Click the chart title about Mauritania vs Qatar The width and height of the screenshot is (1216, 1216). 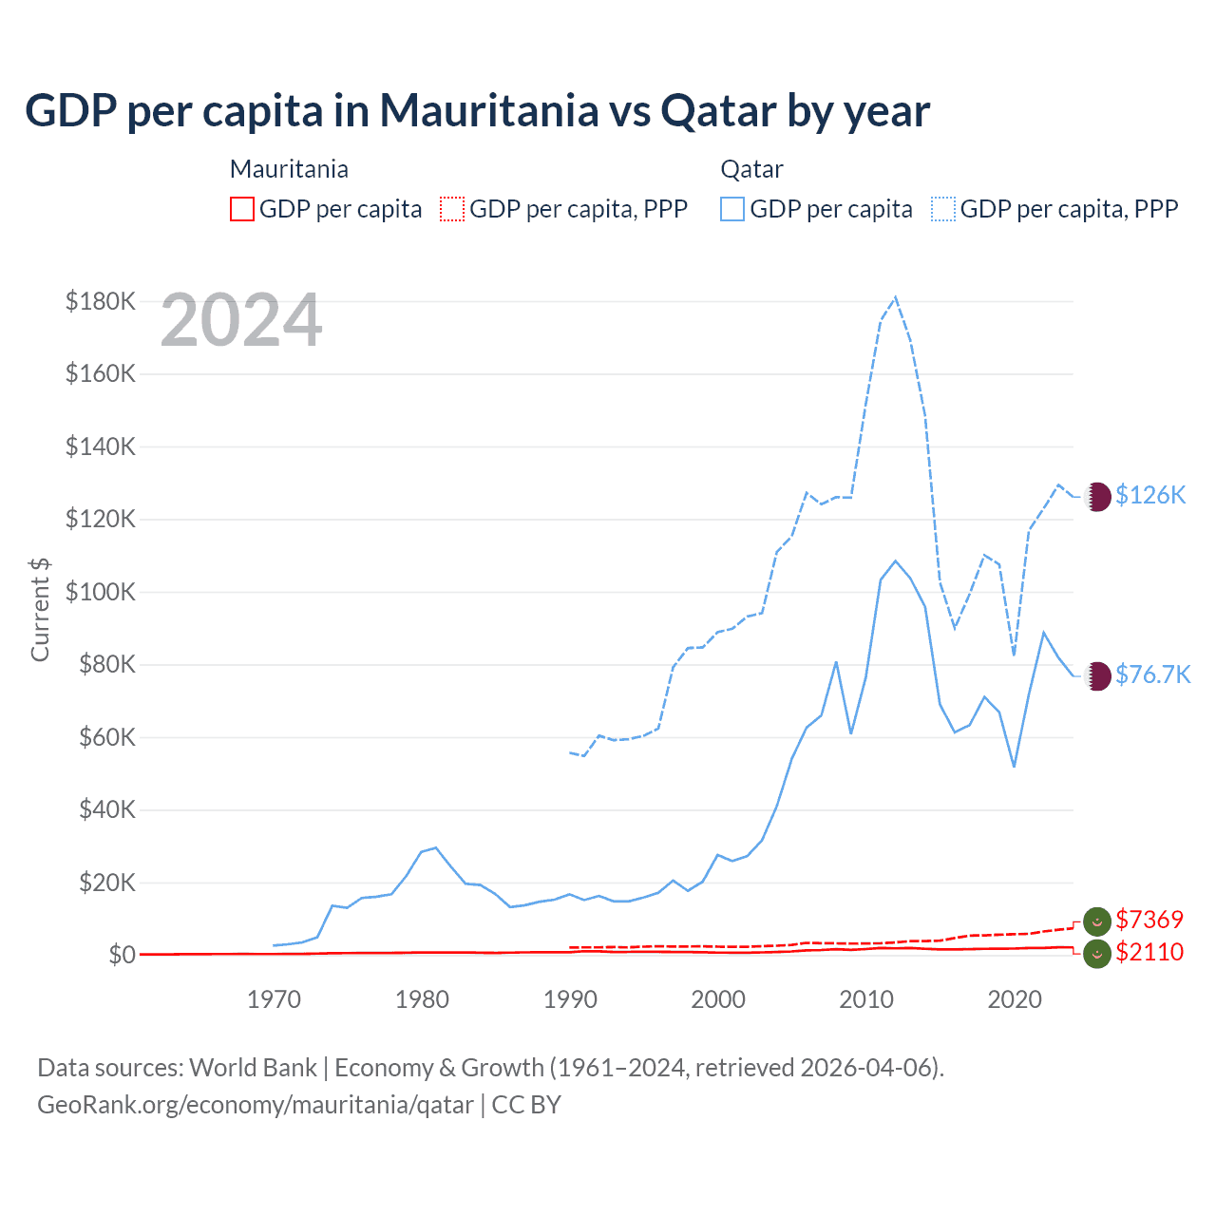[x=477, y=111]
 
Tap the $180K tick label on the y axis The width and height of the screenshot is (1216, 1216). [x=101, y=302]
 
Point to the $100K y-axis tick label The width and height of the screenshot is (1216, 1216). [x=101, y=593]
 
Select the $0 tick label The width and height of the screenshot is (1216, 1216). [x=122, y=955]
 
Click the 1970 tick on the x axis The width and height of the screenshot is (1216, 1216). [x=274, y=999]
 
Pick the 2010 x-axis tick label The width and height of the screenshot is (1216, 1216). [x=866, y=999]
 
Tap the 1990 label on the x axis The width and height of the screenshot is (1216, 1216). [x=570, y=999]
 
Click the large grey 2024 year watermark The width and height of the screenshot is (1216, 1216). [x=241, y=321]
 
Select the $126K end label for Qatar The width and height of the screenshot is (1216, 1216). [x=1150, y=495]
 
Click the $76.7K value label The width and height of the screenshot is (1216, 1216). [x=1152, y=674]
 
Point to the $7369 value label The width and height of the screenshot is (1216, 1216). [x=1149, y=920]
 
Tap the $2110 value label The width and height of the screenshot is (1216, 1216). [x=1149, y=952]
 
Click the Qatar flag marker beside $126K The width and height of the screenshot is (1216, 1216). [x=1097, y=496]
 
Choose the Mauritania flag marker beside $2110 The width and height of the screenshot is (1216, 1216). [x=1097, y=953]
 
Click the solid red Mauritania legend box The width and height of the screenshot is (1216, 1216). [x=242, y=209]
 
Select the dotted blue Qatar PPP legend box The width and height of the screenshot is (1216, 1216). [x=943, y=209]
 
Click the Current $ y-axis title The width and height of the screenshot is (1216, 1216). [x=40, y=610]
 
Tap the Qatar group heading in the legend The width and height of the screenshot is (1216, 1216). [x=751, y=169]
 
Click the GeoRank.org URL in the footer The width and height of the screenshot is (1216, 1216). [x=255, y=1105]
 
